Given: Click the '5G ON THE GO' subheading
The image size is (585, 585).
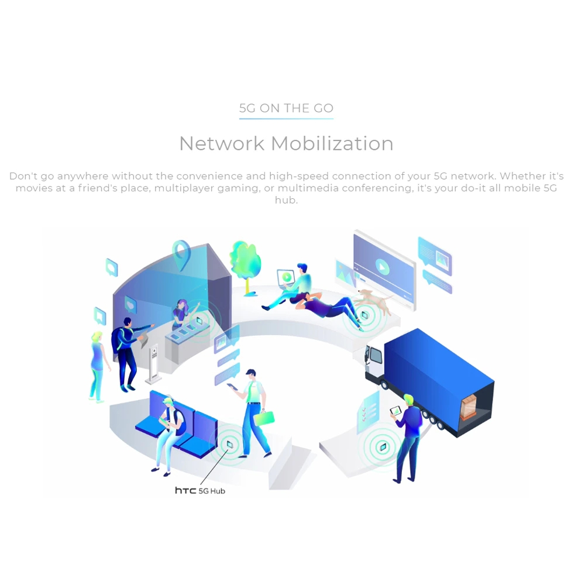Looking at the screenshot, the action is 286,108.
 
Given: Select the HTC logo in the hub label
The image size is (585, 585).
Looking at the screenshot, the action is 185,490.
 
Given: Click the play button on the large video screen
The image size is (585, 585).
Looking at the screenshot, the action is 382,267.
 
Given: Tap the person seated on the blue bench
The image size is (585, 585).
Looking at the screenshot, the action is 167,430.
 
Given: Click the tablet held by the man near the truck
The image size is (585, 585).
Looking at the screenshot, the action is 395,411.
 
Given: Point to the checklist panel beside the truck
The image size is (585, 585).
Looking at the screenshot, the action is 369,412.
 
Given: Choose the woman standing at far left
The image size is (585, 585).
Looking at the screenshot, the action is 98,366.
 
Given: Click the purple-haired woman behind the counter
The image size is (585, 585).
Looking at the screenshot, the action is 181,315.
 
